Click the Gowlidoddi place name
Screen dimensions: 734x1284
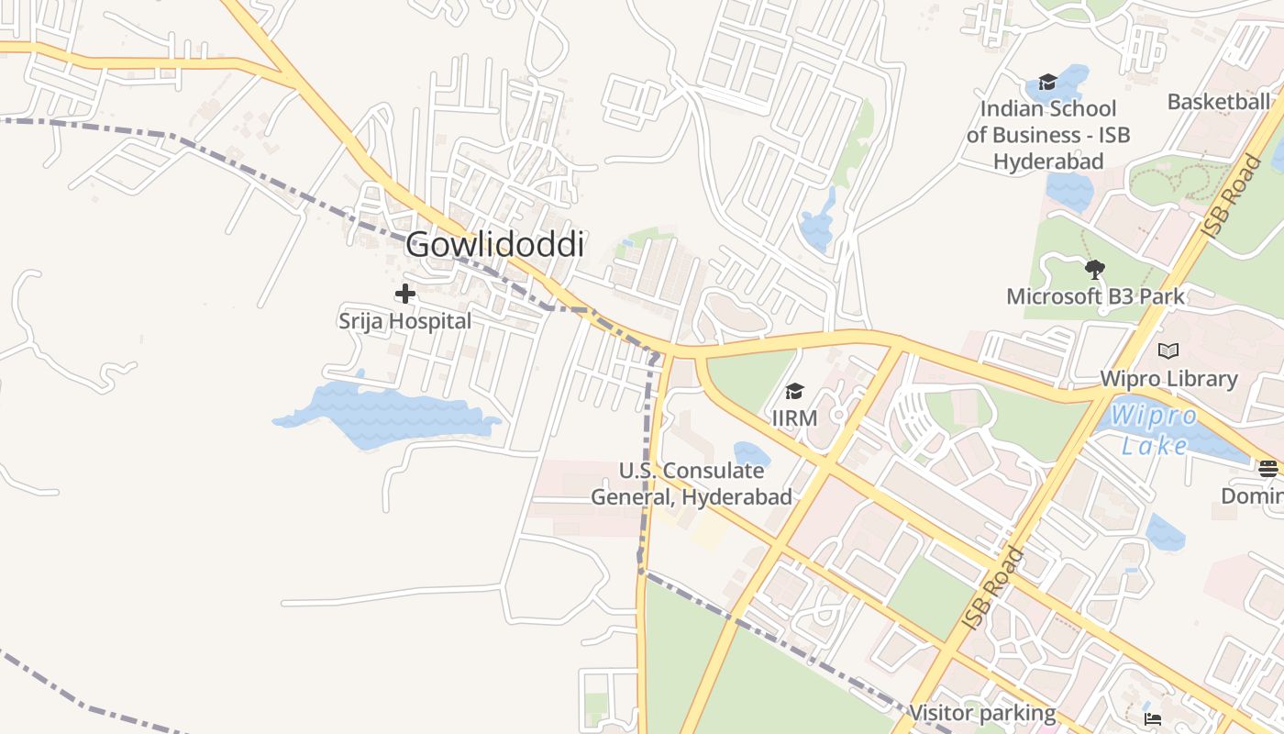coord(494,245)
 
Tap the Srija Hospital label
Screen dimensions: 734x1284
coord(404,321)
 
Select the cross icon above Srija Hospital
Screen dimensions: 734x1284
coord(404,294)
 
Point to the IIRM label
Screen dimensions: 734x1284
coord(794,418)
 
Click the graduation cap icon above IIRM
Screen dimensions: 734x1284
coord(794,392)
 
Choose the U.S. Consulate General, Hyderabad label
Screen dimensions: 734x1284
coord(691,484)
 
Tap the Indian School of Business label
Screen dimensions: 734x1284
coord(1047,135)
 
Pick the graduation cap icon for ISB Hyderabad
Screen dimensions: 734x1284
coord(1047,83)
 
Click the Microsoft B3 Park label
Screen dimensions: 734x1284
coord(1095,296)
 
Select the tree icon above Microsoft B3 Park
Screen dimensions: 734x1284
coord(1094,269)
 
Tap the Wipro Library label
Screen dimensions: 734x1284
coord(1168,379)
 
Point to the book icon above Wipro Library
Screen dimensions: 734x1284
coord(1168,350)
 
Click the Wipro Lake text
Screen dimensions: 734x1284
coord(1155,430)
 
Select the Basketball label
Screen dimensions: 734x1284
coord(1218,102)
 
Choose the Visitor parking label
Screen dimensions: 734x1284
coord(981,713)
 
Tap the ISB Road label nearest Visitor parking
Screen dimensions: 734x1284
coord(993,588)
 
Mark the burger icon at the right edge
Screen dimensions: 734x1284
coord(1268,469)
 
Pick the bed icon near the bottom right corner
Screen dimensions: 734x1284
coord(1153,718)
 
